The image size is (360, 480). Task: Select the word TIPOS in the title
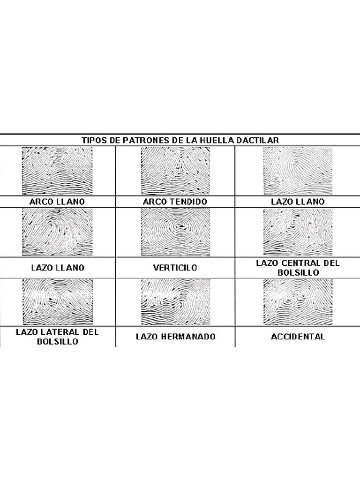tap(94, 140)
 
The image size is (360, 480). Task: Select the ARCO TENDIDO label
tap(175, 202)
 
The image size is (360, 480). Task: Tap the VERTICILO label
tap(175, 268)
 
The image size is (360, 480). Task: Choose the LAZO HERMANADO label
tap(175, 337)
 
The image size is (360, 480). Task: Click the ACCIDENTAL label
tap(298, 337)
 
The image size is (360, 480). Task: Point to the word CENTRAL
tap(308, 263)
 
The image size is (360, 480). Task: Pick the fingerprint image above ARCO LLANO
tap(57, 170)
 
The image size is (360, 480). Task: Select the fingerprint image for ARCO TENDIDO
tap(175, 170)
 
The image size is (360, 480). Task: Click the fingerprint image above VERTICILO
tap(175, 232)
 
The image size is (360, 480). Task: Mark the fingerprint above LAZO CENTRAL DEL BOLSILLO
tap(298, 232)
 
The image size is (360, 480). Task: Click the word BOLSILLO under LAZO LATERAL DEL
tap(57, 341)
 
